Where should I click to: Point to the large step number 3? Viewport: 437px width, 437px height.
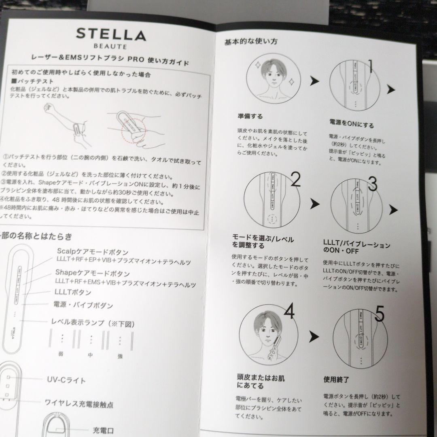point(372,185)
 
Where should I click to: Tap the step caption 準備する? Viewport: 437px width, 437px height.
point(250,117)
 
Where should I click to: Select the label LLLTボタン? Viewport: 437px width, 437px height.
point(73,292)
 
